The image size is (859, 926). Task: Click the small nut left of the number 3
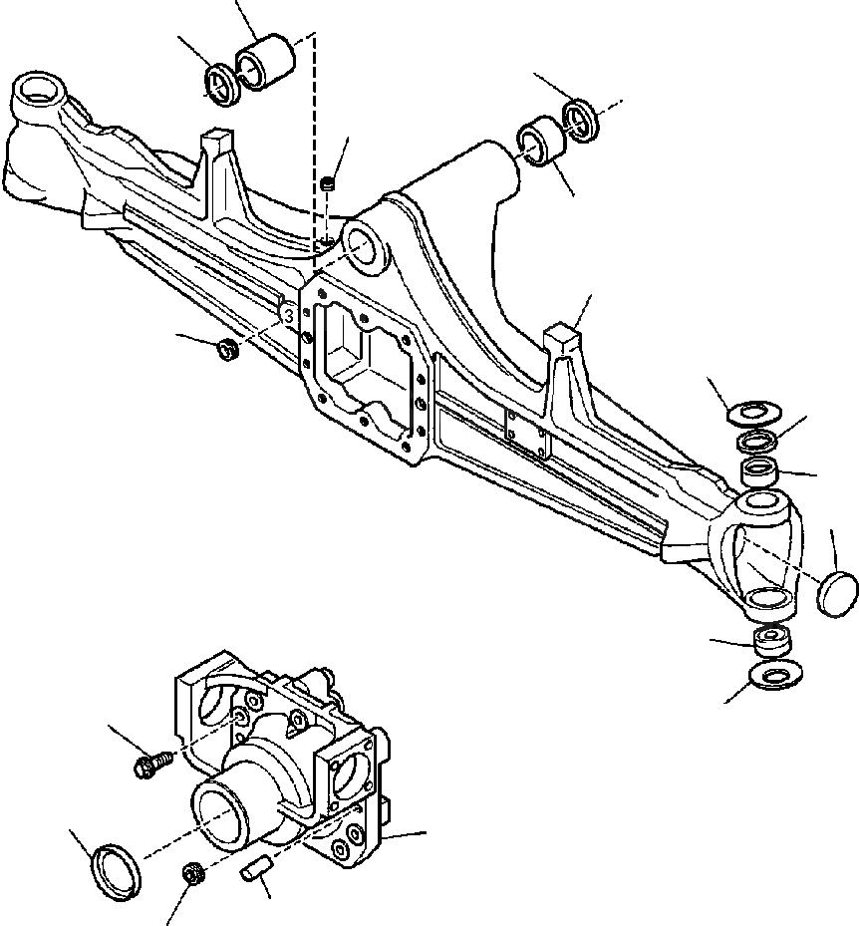pos(226,348)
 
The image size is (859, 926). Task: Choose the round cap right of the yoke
pos(836,593)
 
